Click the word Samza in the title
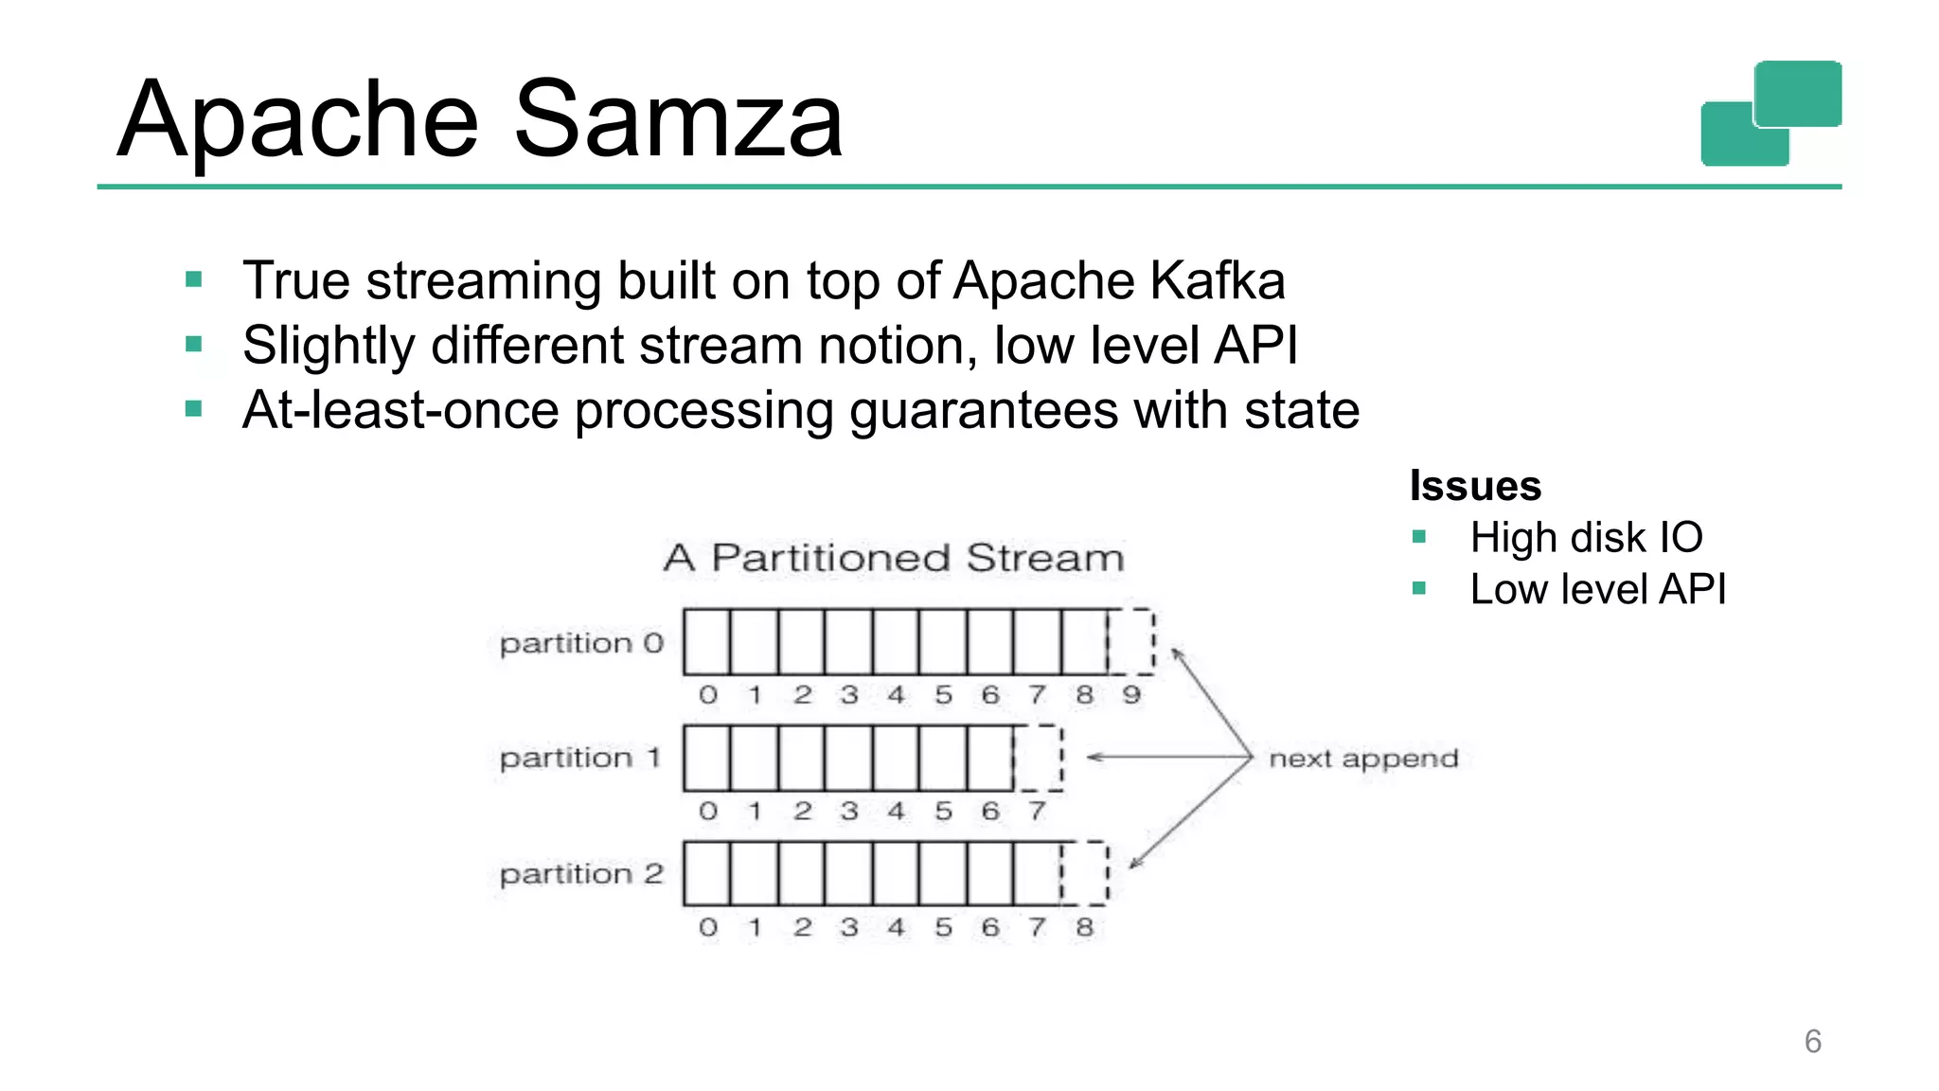click(x=678, y=120)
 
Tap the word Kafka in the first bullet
click(x=1218, y=281)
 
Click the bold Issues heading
click(x=1475, y=486)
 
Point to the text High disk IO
click(x=1586, y=538)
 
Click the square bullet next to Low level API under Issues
click(x=1418, y=589)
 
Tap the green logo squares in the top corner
click(x=1770, y=114)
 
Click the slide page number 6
click(x=1812, y=1042)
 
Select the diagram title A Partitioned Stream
click(x=894, y=558)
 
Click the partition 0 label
click(x=581, y=644)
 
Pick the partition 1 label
click(x=579, y=759)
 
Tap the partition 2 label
click(x=581, y=874)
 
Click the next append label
click(x=1362, y=759)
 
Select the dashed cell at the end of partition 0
click(x=1130, y=642)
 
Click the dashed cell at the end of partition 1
click(x=1038, y=758)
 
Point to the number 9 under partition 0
click(x=1131, y=695)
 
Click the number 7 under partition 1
click(x=1038, y=812)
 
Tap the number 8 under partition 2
click(x=1084, y=927)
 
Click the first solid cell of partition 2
click(x=707, y=873)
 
